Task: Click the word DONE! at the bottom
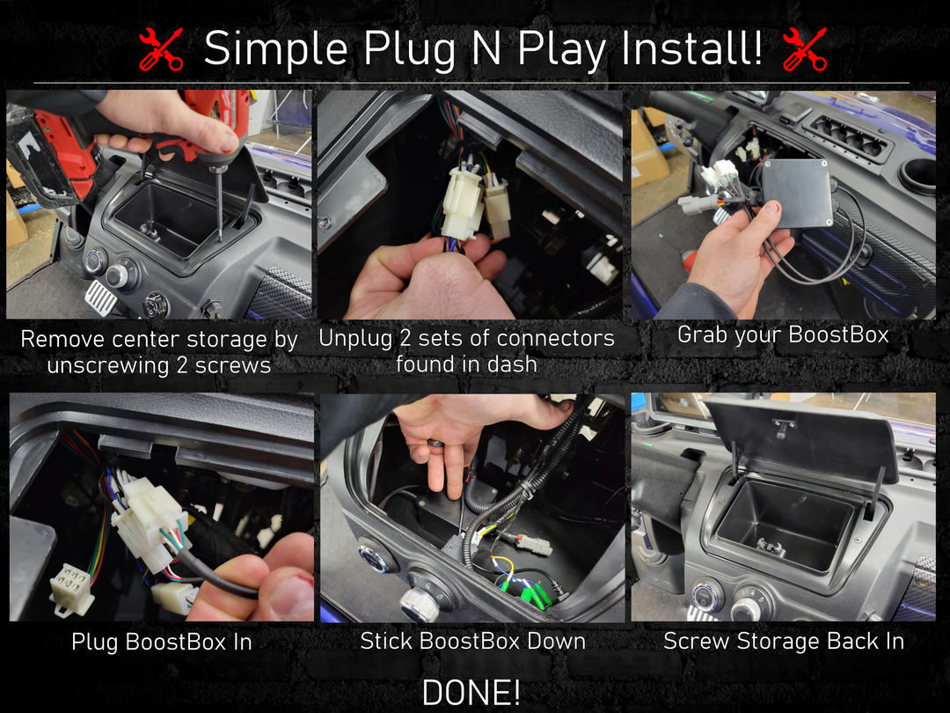coord(471,693)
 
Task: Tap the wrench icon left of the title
coord(161,49)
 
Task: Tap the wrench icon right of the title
coord(805,49)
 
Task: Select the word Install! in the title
coord(692,48)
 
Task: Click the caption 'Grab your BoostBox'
coord(783,335)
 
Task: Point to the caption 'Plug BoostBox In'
coord(161,642)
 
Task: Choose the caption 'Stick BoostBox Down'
coord(472,642)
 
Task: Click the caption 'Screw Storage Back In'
coord(784,642)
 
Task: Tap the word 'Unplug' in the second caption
coord(355,339)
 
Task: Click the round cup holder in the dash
coord(917,175)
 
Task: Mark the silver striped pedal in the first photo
coord(100,295)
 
